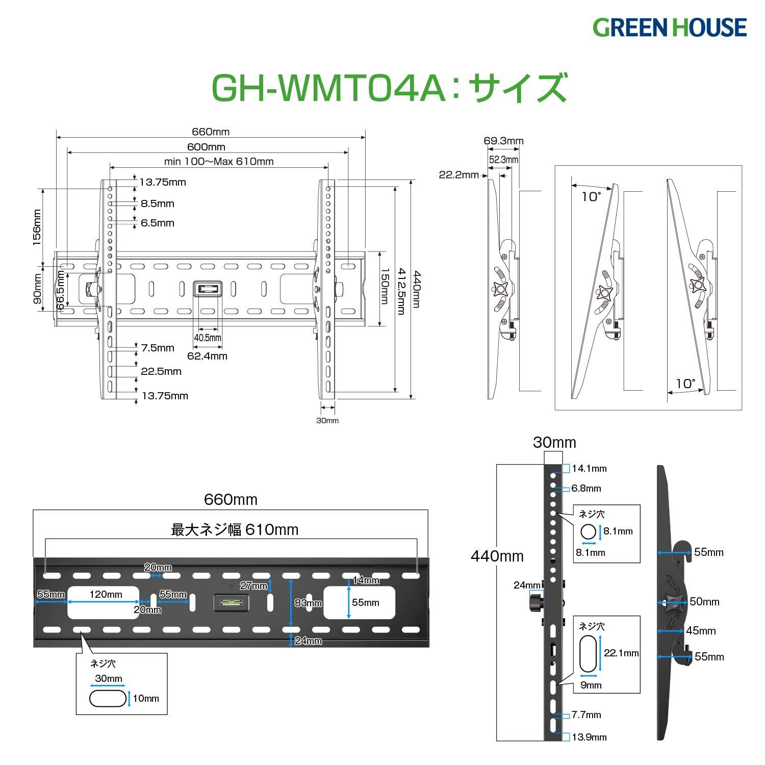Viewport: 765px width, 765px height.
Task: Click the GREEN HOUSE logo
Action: tap(670, 27)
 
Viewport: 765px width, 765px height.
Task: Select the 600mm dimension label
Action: tap(206, 147)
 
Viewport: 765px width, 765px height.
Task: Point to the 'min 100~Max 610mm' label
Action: tap(219, 162)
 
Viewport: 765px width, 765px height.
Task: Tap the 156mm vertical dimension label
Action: tap(37, 227)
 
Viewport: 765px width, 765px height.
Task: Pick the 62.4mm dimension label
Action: tap(207, 356)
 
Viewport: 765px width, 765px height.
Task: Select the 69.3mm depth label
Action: tap(503, 141)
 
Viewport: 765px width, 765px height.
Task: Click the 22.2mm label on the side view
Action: tap(459, 175)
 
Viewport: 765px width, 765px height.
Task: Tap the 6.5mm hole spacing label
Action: tap(158, 223)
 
